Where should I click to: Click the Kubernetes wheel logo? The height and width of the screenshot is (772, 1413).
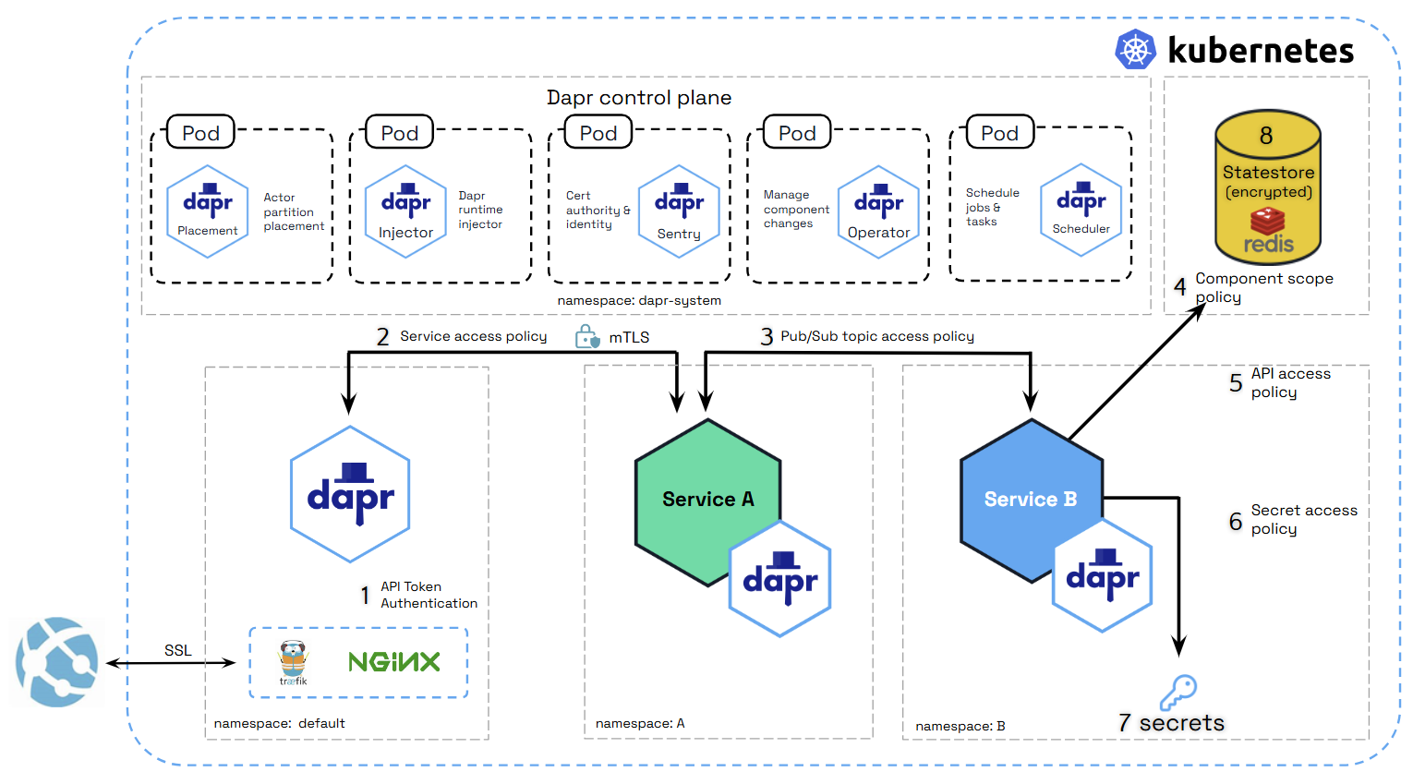pyautogui.click(x=1135, y=50)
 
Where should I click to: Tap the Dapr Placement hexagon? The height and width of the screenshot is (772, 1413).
pyautogui.click(x=208, y=211)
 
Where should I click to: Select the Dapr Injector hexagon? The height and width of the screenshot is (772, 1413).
pyautogui.click(x=405, y=211)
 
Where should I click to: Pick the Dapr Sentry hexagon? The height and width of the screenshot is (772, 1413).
pyautogui.click(x=679, y=211)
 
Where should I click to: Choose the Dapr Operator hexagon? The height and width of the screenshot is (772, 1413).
pyautogui.click(x=878, y=211)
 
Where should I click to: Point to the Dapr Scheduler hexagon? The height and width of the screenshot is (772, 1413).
pyautogui.click(x=1081, y=211)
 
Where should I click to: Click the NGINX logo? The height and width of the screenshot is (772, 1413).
pyautogui.click(x=394, y=662)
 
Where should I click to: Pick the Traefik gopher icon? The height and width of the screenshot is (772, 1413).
pyautogui.click(x=294, y=662)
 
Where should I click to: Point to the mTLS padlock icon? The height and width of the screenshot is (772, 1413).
pyautogui.click(x=586, y=337)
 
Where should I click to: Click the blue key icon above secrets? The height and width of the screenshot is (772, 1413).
pyautogui.click(x=1178, y=691)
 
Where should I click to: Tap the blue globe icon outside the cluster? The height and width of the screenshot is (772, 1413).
pyautogui.click(x=57, y=662)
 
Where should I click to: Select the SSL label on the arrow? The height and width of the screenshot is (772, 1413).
pyautogui.click(x=178, y=651)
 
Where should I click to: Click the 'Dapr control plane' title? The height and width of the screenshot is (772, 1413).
pyautogui.click(x=639, y=98)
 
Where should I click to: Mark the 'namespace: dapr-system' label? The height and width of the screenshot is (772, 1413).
pyautogui.click(x=639, y=301)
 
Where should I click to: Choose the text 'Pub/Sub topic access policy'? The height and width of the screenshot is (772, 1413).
pyautogui.click(x=877, y=336)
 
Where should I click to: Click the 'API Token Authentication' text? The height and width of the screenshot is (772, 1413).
pyautogui.click(x=429, y=595)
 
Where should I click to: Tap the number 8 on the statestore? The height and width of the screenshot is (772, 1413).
pyautogui.click(x=1266, y=136)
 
